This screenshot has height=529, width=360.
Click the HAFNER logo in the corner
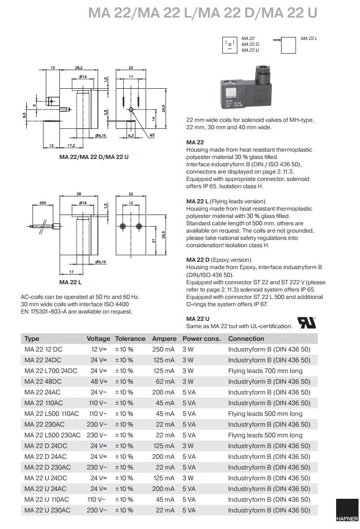347,513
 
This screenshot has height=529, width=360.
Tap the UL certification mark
307,323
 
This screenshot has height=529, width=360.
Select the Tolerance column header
130,338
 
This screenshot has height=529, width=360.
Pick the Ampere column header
164,338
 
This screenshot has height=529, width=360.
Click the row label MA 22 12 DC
43,349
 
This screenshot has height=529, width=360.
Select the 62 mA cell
165,381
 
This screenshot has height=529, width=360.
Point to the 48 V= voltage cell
99,381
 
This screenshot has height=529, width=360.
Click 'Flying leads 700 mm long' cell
265,371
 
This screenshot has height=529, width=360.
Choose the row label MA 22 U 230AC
47,510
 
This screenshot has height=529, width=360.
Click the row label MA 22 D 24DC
47,446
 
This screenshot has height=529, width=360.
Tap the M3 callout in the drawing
152,135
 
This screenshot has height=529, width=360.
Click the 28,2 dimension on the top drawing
78,68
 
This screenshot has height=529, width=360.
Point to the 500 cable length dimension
42,202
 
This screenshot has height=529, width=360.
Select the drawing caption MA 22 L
71,282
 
